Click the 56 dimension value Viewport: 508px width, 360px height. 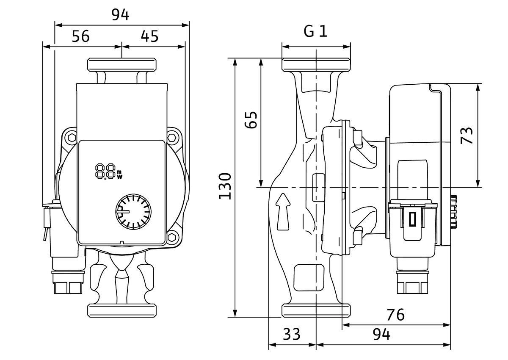[80, 36]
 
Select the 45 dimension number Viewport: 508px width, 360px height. [149, 36]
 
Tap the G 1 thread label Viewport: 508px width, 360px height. [316, 31]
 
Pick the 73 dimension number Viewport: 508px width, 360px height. [467, 136]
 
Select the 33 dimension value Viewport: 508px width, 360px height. [291, 335]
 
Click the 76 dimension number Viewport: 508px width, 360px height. [396, 315]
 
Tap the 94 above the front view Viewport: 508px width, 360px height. [121, 14]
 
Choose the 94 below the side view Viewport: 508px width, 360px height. [381, 335]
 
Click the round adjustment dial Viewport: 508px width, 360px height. [133, 211]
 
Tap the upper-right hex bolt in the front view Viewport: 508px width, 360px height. [172, 138]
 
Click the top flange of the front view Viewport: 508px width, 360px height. [122, 65]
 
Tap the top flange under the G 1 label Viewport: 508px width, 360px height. [316, 65]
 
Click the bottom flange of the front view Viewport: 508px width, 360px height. [122, 309]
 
